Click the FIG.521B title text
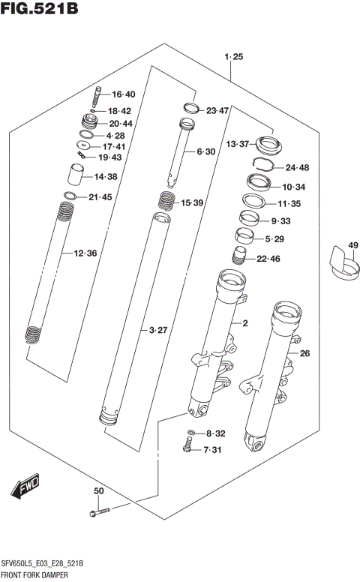[x=40, y=10]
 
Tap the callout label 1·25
[x=233, y=57]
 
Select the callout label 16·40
[x=123, y=94]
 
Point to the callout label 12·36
[x=85, y=253]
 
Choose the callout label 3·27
[x=157, y=330]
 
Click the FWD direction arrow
[x=25, y=488]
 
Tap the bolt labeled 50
[x=101, y=511]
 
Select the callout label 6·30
[x=206, y=151]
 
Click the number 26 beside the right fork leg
[x=304, y=353]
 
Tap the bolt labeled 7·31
[x=187, y=448]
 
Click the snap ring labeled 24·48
[x=261, y=166]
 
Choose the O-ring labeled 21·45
[x=70, y=197]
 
